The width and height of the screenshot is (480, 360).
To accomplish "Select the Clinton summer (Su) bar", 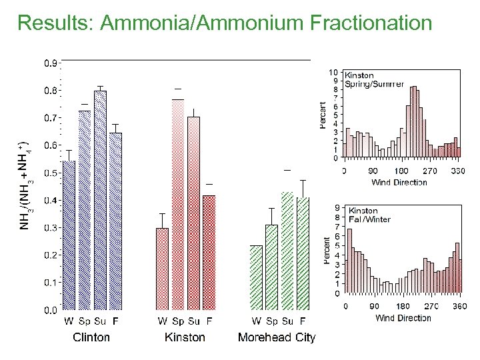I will pos(100,200).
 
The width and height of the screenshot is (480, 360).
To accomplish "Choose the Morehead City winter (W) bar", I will pos(256,277).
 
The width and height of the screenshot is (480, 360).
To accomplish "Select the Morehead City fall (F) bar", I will pos(303,253).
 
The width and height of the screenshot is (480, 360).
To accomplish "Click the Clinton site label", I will pos(91,337).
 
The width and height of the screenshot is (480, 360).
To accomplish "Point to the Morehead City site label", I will pos(277,337).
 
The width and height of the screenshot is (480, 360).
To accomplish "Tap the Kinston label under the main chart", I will pos(185,337).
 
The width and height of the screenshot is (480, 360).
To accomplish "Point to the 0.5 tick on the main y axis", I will pos(51,173).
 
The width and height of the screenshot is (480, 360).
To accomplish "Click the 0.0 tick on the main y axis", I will pos(51,310).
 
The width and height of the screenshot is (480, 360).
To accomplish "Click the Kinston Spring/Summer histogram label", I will pos(374,80).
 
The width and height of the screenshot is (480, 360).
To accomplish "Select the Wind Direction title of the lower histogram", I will pos(403,318).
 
